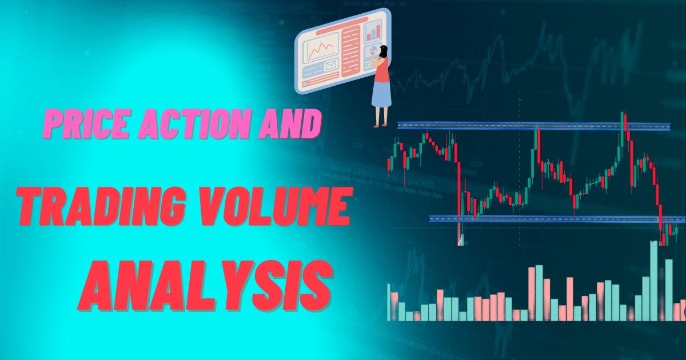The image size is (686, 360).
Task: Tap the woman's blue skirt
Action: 382,91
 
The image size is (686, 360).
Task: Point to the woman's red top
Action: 381,67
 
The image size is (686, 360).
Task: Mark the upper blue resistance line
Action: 532,125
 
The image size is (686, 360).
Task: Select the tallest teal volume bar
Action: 653,280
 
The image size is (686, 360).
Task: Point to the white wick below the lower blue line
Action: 460,234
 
